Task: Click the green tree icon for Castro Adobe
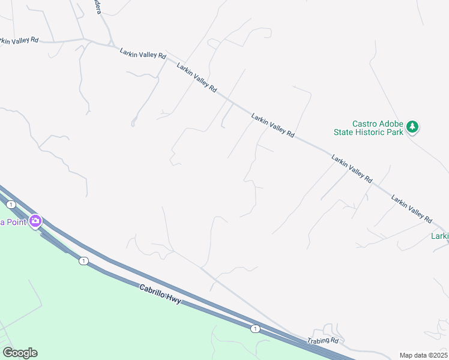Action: [412, 127]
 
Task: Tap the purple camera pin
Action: [35, 221]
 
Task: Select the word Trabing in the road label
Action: [319, 340]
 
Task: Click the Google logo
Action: [20, 352]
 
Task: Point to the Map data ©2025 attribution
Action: [423, 355]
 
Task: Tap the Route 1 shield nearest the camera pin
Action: [11, 205]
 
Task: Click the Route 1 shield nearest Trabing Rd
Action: [255, 328]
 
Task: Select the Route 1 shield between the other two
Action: [83, 260]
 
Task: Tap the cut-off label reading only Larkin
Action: [439, 236]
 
